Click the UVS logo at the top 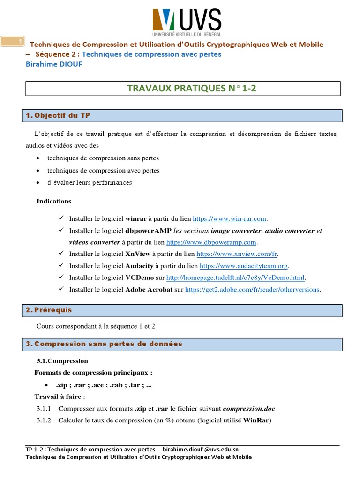(x=186, y=22)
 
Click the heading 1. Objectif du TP (x=59, y=115)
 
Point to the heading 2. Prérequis (x=49, y=310)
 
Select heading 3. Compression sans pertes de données (x=104, y=344)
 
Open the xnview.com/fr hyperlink (x=237, y=254)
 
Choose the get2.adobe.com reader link (x=252, y=290)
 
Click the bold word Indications (x=54, y=201)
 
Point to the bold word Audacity (x=139, y=266)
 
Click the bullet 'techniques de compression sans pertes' (x=103, y=158)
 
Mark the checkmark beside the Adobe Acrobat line (x=61, y=289)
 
